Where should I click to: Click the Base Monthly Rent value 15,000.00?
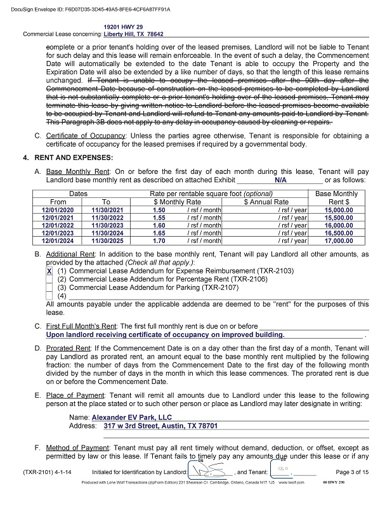pos(337,209)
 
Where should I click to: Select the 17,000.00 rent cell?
pos(337,240)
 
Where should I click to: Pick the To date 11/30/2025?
pos(107,240)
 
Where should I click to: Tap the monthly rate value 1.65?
pos(159,233)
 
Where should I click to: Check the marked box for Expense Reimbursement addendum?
pos(49,270)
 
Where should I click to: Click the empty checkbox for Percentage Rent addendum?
pos(49,279)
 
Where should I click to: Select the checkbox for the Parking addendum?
pos(49,287)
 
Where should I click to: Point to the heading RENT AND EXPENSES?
pos(79,157)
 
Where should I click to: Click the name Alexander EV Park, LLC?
pos(132,418)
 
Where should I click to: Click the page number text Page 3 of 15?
pos(351,472)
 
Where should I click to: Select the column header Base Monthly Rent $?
pos(336,197)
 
